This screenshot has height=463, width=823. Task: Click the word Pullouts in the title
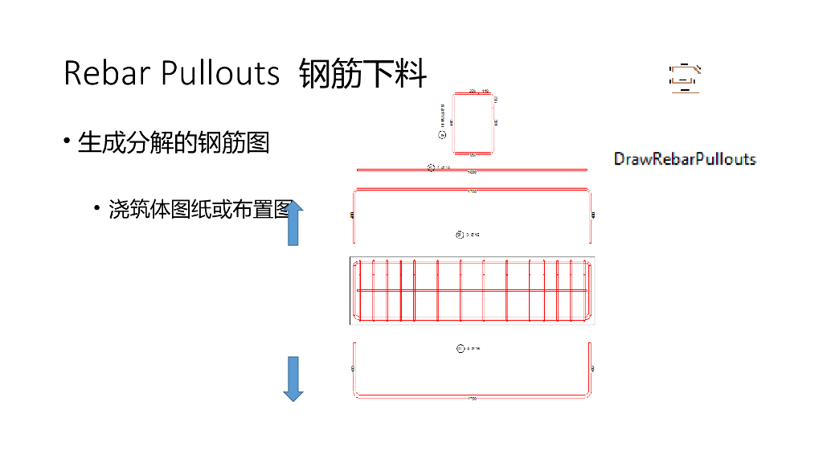(220, 73)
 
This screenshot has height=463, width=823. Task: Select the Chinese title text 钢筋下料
(362, 74)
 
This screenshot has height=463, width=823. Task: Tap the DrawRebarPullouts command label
(685, 158)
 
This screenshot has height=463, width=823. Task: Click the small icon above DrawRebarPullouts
(685, 77)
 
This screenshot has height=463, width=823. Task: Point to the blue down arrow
(293, 379)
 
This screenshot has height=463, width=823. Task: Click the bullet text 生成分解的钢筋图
(173, 142)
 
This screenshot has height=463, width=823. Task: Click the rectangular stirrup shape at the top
(473, 123)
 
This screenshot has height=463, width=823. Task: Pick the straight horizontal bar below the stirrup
(514, 170)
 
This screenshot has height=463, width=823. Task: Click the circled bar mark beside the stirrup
(441, 135)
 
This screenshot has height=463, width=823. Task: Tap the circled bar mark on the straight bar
(431, 168)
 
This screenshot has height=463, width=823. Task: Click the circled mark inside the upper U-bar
(459, 235)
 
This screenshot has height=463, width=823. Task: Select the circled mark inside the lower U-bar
(461, 349)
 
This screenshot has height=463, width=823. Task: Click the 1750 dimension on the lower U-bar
(473, 399)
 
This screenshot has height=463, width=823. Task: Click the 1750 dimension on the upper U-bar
(473, 191)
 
